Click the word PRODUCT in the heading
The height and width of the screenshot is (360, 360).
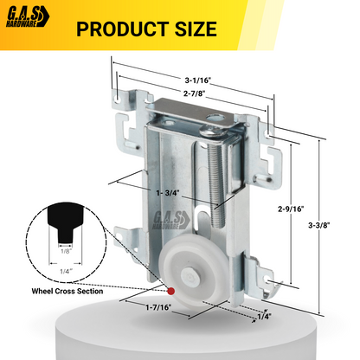(123, 29)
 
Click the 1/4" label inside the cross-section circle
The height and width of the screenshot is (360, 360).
(65, 270)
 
